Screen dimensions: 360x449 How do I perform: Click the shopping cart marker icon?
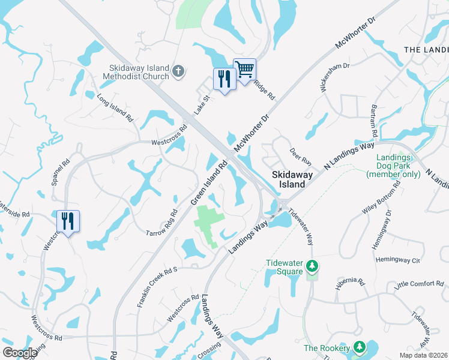pyautogui.click(x=244, y=70)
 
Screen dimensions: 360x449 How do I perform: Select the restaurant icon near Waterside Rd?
pyautogui.click(x=68, y=221)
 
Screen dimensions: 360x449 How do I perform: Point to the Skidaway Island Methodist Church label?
pyautogui.click(x=139, y=73)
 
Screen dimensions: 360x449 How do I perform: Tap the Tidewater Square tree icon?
pyautogui.click(x=312, y=265)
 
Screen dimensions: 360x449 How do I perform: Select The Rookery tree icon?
pyautogui.click(x=359, y=347)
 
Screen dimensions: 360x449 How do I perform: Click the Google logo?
pyautogui.click(x=20, y=353)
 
